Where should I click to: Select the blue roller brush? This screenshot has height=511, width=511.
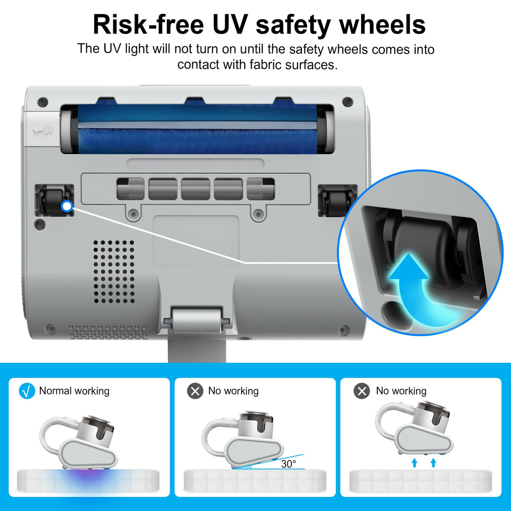click(197, 130)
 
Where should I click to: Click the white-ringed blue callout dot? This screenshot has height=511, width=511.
click(67, 206)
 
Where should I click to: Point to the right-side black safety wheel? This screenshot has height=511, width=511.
click(337, 201)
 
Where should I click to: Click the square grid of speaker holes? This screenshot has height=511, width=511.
click(114, 271)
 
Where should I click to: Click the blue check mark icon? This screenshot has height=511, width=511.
click(27, 391)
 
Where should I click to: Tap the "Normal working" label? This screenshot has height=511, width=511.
click(74, 391)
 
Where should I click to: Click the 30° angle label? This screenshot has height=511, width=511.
click(288, 464)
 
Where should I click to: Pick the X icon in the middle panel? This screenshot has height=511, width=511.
click(195, 391)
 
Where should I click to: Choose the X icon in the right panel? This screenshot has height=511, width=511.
click(362, 391)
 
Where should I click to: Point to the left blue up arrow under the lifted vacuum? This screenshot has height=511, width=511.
click(414, 463)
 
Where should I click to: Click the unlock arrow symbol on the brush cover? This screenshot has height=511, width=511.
click(43, 129)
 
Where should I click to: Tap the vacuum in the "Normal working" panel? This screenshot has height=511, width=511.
click(80, 442)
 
